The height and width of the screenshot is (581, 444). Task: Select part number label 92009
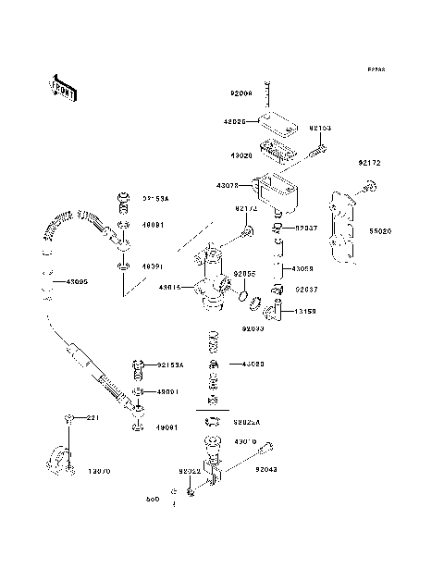[x=240, y=93]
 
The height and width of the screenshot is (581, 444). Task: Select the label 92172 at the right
[x=371, y=163]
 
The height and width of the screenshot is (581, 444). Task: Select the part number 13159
[x=306, y=312]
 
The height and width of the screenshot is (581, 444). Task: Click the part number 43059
[x=304, y=268]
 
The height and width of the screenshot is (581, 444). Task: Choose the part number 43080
[x=253, y=365]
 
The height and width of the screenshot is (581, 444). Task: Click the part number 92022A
[x=247, y=421]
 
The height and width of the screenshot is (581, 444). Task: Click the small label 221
[x=92, y=419]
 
